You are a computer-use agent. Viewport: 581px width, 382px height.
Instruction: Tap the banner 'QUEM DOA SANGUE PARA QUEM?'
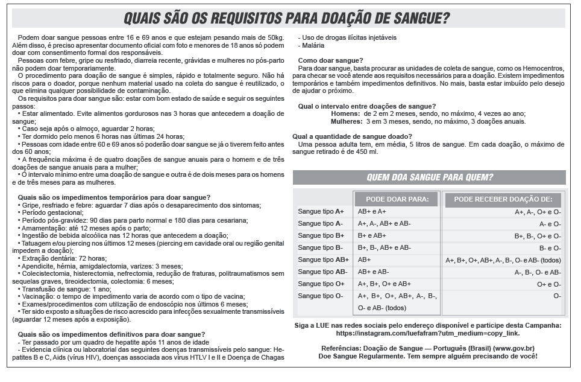click(429, 177)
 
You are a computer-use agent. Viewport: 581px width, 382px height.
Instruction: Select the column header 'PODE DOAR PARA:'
click(397, 200)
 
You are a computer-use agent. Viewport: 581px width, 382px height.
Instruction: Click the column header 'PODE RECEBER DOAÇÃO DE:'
click(503, 200)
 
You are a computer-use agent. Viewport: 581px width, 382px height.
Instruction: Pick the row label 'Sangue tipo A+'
click(321, 212)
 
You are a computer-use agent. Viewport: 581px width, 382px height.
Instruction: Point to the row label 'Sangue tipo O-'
click(321, 296)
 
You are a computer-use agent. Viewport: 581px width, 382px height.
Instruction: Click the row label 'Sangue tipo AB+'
click(323, 259)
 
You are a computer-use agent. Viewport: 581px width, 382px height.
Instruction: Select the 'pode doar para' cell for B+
click(372, 235)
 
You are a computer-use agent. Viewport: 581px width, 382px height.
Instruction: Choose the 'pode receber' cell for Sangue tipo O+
click(549, 284)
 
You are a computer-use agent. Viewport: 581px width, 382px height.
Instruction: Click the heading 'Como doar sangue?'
click(330, 60)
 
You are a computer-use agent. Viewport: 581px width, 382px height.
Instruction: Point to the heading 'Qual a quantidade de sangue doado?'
click(352, 136)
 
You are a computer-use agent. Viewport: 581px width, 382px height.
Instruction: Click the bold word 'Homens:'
click(346, 113)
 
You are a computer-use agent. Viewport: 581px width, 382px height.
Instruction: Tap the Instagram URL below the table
click(429, 333)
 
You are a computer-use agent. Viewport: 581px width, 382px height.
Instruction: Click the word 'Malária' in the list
click(313, 45)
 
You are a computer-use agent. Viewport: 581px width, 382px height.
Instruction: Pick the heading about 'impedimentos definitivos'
click(111, 334)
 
